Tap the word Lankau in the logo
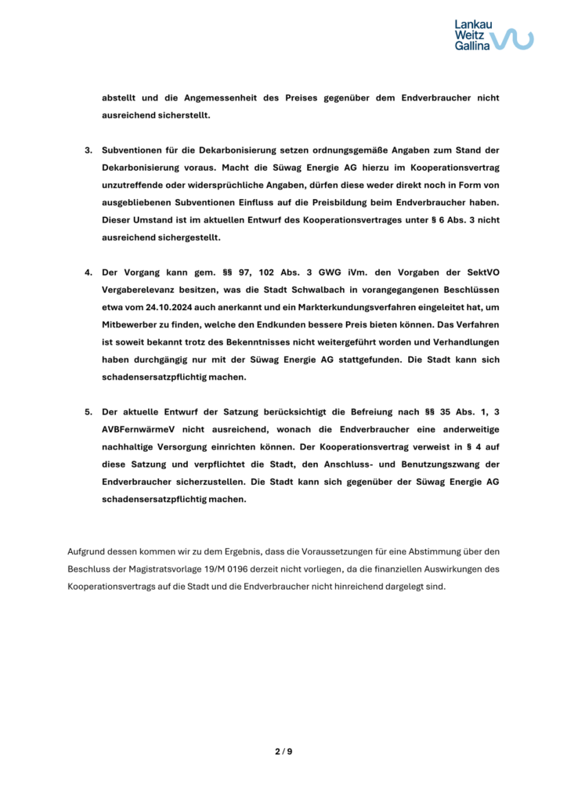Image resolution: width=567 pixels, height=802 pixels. click(x=473, y=25)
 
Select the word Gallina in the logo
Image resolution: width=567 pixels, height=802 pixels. click(x=472, y=46)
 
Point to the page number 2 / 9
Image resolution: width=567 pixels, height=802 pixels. click(x=283, y=752)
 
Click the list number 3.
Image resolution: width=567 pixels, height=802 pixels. click(x=88, y=149)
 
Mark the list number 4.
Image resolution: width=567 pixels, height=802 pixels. click(x=88, y=271)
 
